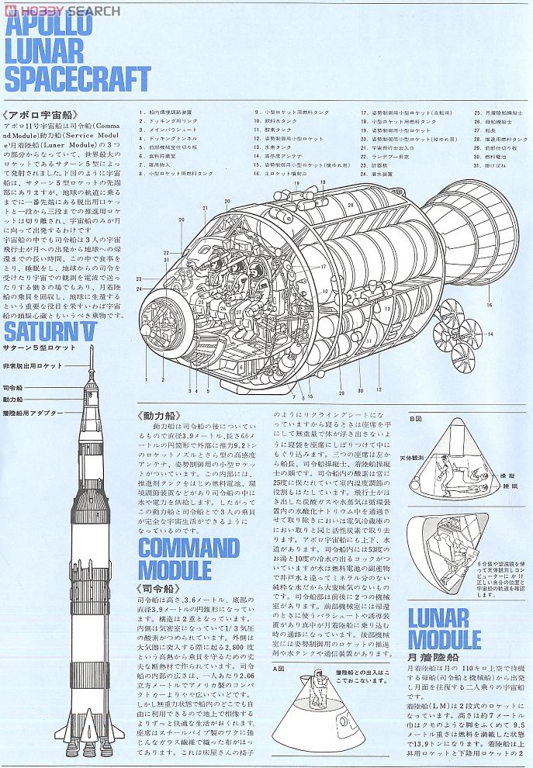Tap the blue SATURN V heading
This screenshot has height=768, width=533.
59,333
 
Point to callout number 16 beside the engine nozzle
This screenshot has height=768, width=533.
490,305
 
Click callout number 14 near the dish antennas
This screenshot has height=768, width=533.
490,334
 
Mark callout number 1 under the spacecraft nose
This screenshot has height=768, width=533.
145,379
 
